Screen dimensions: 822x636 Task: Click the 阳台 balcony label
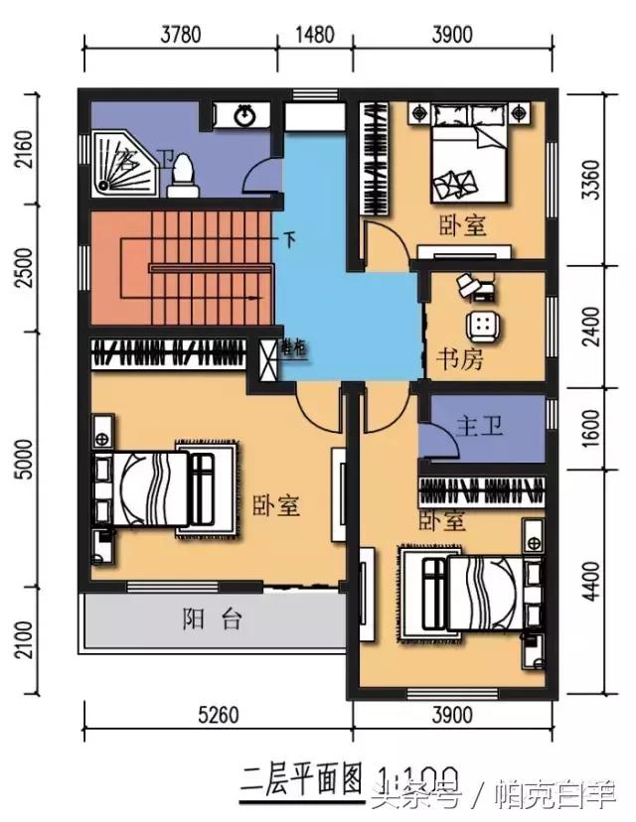point(212,620)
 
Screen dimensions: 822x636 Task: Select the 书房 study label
point(460,359)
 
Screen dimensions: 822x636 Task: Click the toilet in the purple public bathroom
point(182,176)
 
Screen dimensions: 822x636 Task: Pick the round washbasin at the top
point(245,116)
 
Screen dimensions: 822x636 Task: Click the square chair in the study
point(482,325)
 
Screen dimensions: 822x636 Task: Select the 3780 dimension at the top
point(180,33)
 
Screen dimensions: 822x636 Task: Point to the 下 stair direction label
point(289,239)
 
